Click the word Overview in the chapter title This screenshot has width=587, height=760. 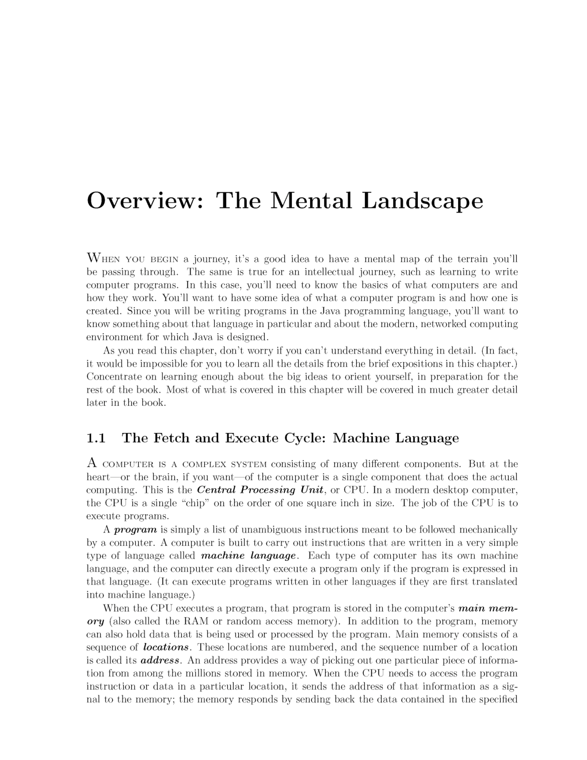click(142, 200)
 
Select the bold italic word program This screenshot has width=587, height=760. click(135, 530)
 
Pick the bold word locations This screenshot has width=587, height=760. click(166, 648)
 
